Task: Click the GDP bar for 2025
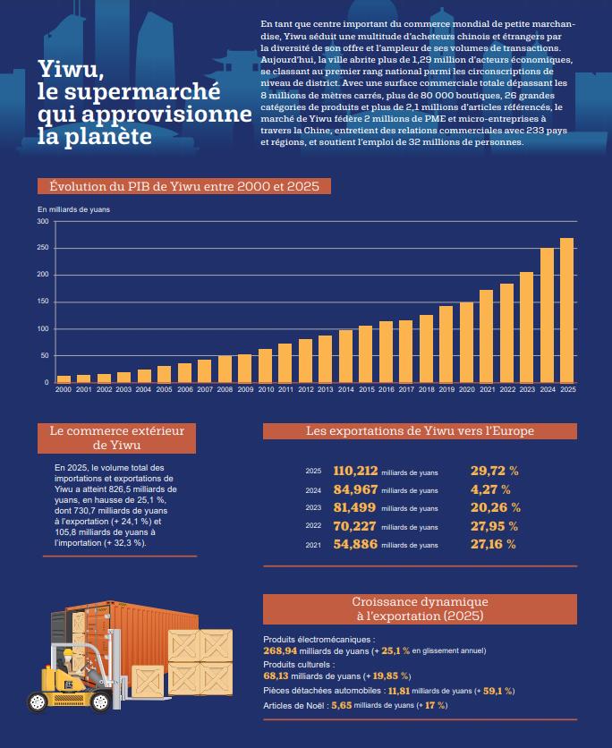(x=566, y=310)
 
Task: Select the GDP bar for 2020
(x=466, y=342)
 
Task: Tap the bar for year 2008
(x=225, y=369)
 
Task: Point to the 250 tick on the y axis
(x=43, y=248)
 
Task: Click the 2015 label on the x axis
(x=366, y=390)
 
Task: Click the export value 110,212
(x=355, y=471)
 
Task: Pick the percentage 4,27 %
(x=490, y=489)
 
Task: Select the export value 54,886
(x=355, y=544)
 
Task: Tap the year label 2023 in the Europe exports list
(x=313, y=508)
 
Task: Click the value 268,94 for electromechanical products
(x=280, y=650)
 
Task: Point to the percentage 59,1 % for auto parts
(x=497, y=691)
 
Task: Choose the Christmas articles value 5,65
(x=342, y=705)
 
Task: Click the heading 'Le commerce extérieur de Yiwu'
(x=117, y=438)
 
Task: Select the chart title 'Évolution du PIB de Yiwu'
(x=184, y=186)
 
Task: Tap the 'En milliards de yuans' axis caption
(x=73, y=209)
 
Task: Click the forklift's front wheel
(x=100, y=701)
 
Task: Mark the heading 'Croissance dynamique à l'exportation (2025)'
(x=420, y=608)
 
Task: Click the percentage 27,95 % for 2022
(x=494, y=526)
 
